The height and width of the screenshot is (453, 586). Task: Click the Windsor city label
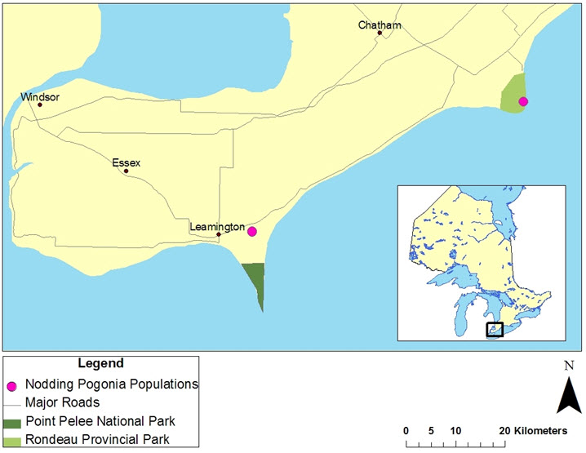pyautogui.click(x=41, y=96)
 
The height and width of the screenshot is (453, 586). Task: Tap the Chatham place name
pyautogui.click(x=380, y=25)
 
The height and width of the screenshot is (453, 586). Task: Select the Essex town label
pyautogui.click(x=127, y=162)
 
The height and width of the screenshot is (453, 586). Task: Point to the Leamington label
pyautogui.click(x=217, y=226)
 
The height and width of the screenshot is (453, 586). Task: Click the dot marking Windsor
pyautogui.click(x=40, y=104)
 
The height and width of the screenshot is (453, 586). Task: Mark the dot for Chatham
pyautogui.click(x=380, y=33)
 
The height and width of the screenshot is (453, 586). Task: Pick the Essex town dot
pyautogui.click(x=126, y=171)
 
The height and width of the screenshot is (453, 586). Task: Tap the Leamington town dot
pyautogui.click(x=219, y=235)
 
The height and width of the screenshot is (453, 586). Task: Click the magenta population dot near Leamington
pyautogui.click(x=252, y=232)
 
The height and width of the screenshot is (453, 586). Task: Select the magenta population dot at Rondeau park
pyautogui.click(x=523, y=101)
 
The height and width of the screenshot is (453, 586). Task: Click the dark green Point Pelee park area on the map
pyautogui.click(x=255, y=278)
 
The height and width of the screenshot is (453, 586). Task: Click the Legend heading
pyautogui.click(x=100, y=362)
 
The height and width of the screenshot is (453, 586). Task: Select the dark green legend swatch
pyautogui.click(x=11, y=422)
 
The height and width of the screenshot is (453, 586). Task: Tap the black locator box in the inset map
pyautogui.click(x=495, y=330)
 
